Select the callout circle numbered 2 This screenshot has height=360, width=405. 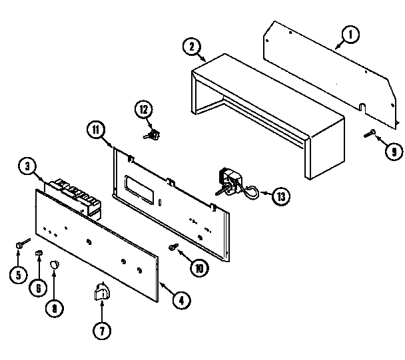(x=192, y=46)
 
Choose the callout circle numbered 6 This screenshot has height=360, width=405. (x=37, y=287)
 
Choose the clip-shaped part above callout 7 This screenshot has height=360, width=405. (x=102, y=290)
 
